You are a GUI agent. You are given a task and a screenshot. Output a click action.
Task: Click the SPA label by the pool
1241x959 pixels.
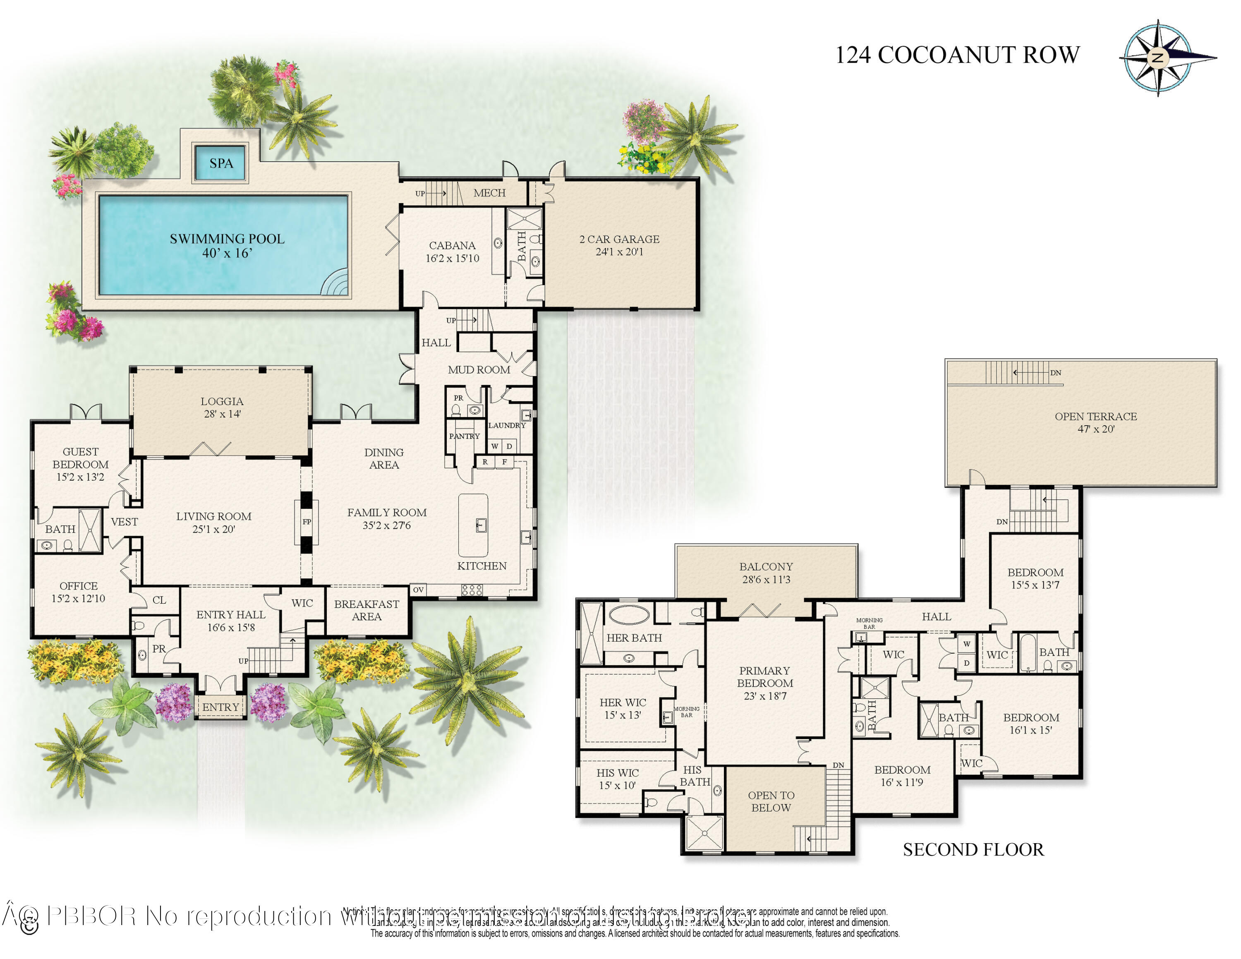pos(221,163)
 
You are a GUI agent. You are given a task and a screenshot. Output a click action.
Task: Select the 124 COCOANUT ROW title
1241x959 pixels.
pos(957,55)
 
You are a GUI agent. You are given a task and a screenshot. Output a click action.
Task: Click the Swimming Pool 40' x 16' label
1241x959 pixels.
pos(227,245)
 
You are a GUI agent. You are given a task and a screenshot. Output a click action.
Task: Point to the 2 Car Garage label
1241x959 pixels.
pos(619,245)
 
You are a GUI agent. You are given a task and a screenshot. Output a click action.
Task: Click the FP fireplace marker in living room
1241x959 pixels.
pos(306,522)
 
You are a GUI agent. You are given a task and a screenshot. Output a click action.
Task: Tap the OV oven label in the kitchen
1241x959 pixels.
pos(418,590)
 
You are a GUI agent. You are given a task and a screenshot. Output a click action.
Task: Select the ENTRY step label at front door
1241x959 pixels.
pos(220,707)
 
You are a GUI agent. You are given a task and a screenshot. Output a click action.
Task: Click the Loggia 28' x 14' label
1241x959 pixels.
pos(222,408)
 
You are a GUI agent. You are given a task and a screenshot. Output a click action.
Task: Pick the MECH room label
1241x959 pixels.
pos(489,193)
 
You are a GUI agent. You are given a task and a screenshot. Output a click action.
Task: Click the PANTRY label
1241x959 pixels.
pos(464,436)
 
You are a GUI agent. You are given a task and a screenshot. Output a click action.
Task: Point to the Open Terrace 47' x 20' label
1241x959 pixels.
pos(1095,422)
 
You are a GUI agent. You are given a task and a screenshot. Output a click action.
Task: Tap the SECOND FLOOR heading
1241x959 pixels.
pos(973,849)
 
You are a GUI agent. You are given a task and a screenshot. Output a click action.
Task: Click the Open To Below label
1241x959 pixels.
pos(771,801)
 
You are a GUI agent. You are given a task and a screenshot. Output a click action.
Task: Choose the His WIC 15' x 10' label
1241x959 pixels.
pos(617,778)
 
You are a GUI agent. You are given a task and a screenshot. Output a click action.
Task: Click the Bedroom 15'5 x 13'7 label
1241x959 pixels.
pos(1035,578)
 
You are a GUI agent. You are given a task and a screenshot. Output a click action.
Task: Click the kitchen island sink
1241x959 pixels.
pos(481,525)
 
